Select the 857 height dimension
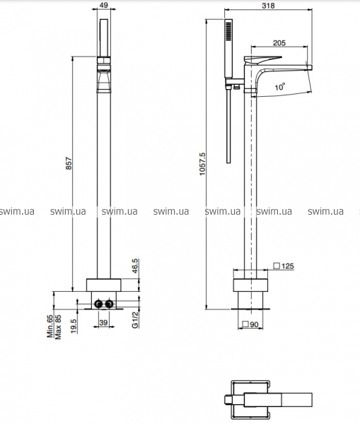[69, 163]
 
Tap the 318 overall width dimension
[268, 6]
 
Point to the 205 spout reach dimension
[279, 42]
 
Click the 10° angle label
[280, 87]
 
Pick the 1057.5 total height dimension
[202, 164]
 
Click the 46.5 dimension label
[135, 266]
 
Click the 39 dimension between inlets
[103, 322]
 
